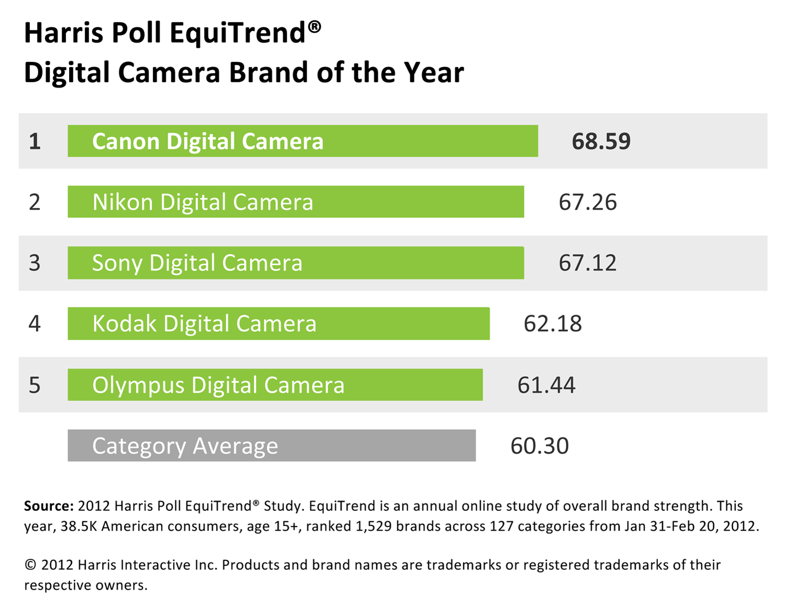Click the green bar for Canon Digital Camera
[x=302, y=141]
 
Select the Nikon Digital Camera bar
[x=296, y=202]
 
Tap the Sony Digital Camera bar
[x=296, y=263]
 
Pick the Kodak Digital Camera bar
[x=278, y=323]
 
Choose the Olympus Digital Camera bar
[x=275, y=385]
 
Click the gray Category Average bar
[x=272, y=446]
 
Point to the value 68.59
[x=601, y=141]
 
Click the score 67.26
[x=588, y=202]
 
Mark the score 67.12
[x=588, y=263]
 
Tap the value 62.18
[x=553, y=323]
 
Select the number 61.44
[x=546, y=385]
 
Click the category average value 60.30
[x=540, y=446]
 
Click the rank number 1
[x=35, y=141]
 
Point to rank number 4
[x=35, y=323]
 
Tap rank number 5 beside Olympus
[x=35, y=385]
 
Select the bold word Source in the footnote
[x=48, y=506]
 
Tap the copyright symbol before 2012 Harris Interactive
[x=30, y=565]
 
